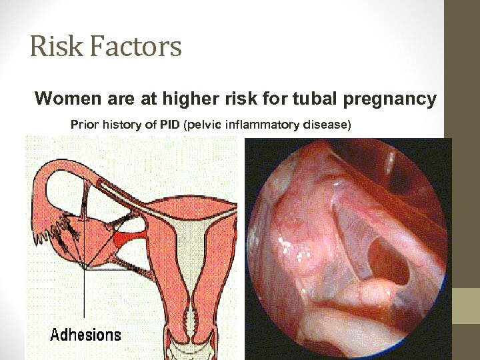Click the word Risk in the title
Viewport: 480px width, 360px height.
[x=51, y=47]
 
